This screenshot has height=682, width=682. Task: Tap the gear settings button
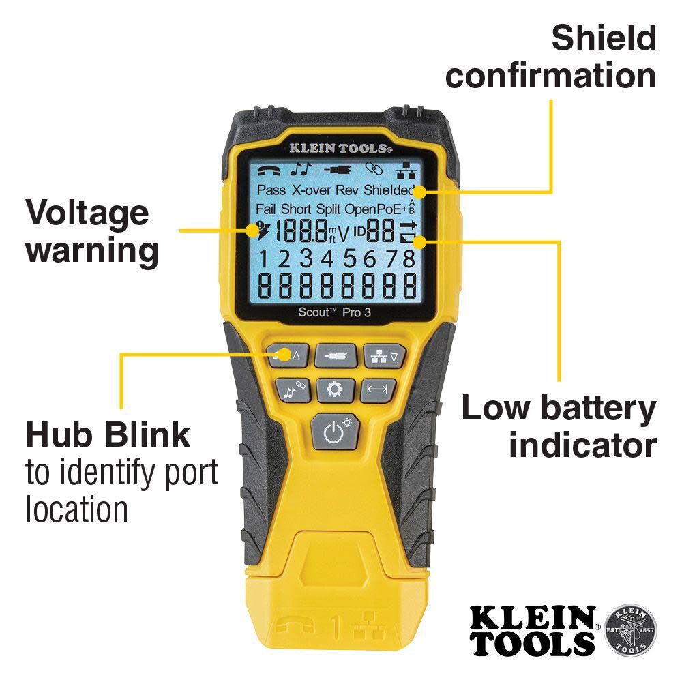[x=334, y=390]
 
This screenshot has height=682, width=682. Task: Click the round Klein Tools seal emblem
[x=630, y=628]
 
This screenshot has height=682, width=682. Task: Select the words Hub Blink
[x=108, y=434]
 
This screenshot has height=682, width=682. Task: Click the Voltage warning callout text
[x=92, y=232]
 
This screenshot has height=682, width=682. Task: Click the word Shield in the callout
[x=604, y=38]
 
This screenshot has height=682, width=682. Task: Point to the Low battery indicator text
[x=559, y=426]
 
